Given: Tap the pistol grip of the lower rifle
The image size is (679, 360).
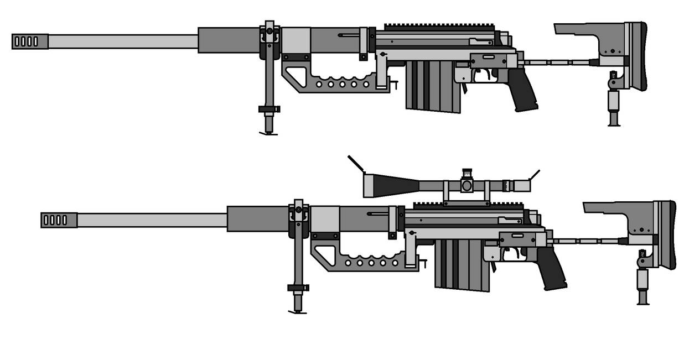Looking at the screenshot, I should (551, 269).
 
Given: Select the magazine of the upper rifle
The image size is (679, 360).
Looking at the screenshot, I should (433, 86).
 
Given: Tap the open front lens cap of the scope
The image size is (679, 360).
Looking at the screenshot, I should (355, 164).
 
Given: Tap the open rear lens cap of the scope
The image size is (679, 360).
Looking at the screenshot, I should (534, 175).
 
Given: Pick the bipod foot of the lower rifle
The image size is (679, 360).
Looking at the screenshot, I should (298, 311).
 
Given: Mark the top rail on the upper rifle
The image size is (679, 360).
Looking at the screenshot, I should (440, 26).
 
